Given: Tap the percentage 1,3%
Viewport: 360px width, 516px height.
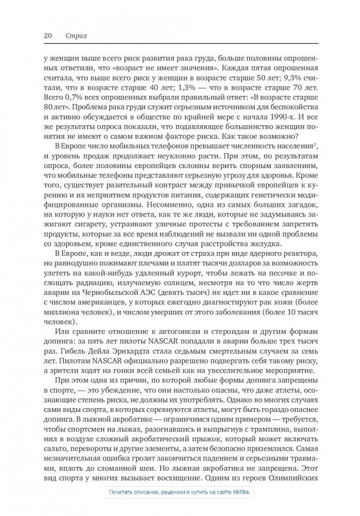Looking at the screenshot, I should point(192,88).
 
